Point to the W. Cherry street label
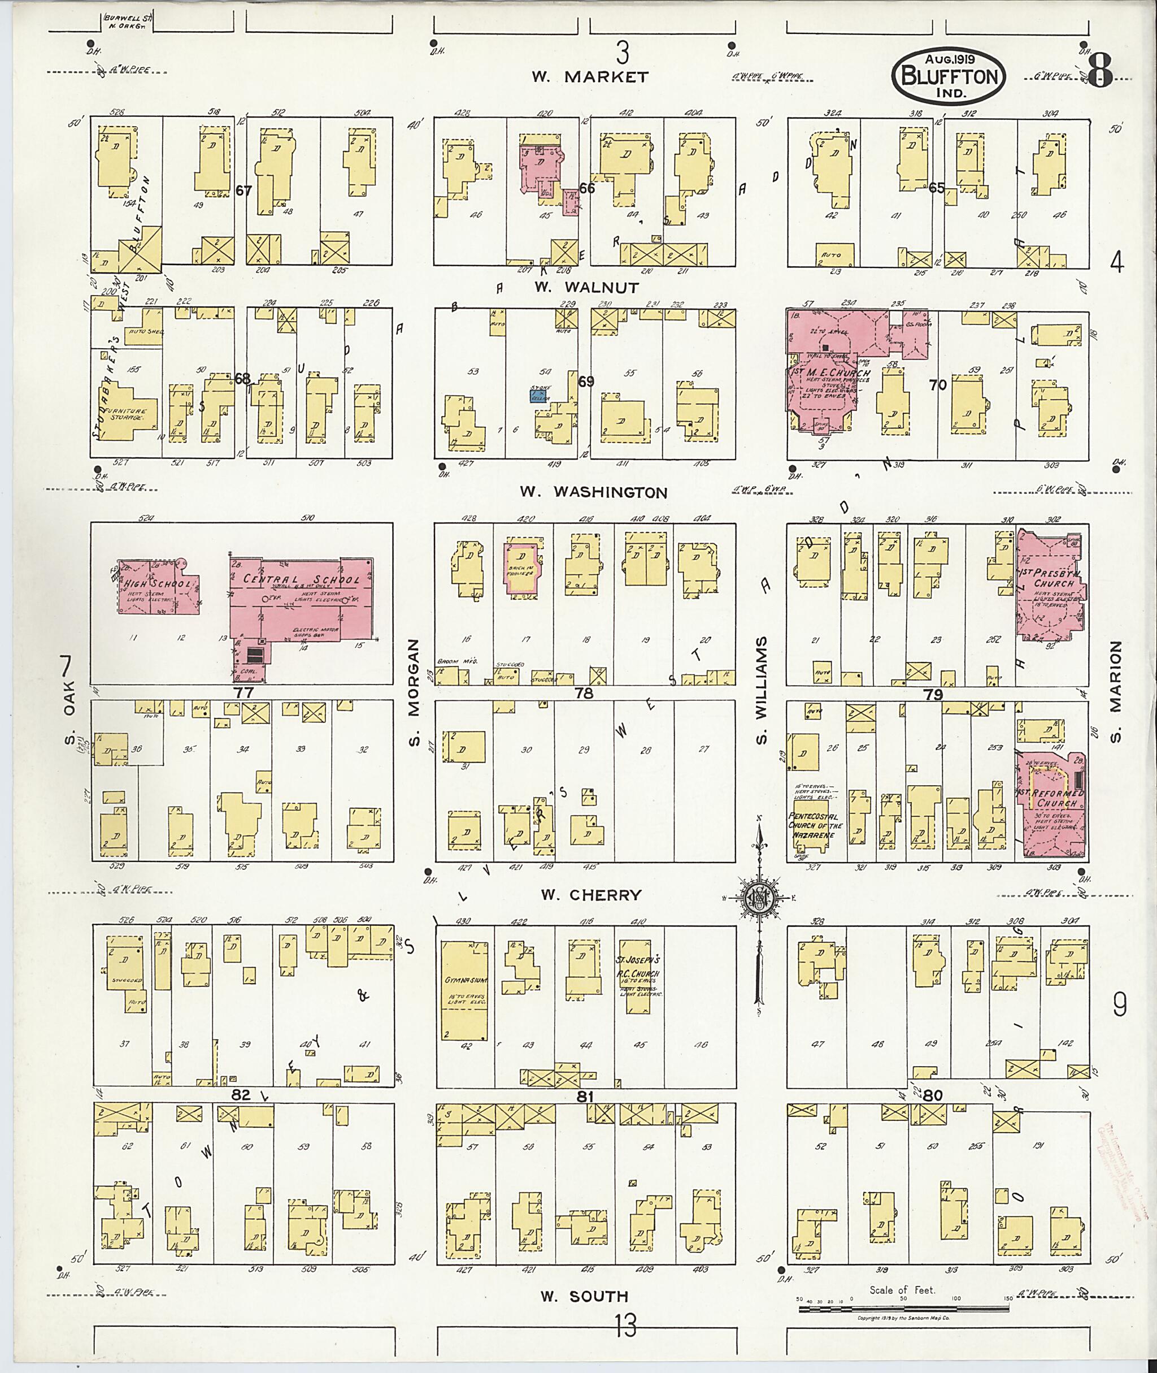click(x=590, y=895)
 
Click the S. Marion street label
click(x=1116, y=692)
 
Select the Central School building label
click(x=301, y=579)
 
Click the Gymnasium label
click(x=465, y=981)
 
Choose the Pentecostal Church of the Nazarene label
click(x=811, y=820)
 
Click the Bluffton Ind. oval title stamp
click(x=948, y=76)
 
